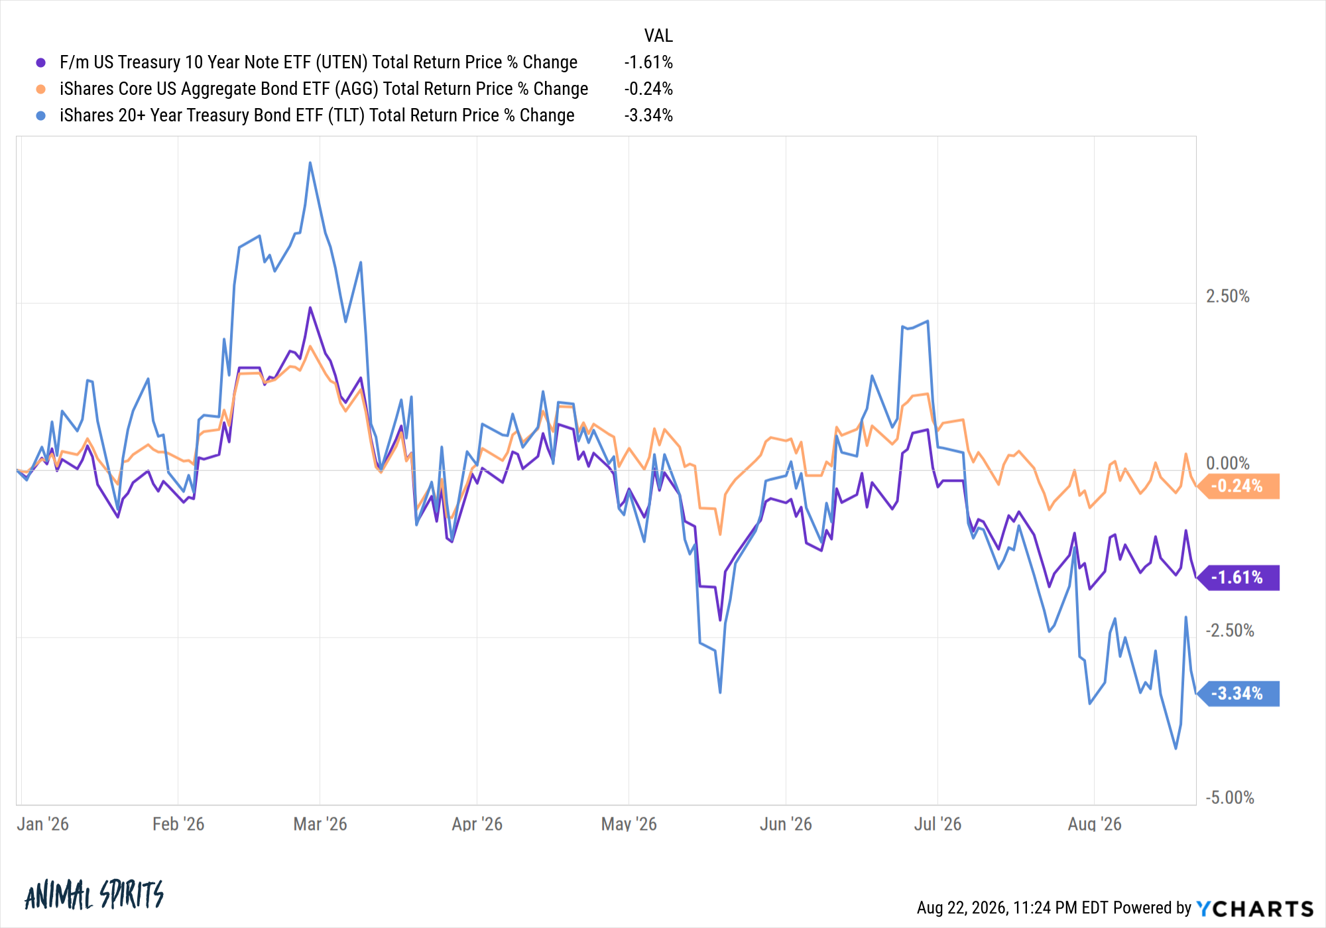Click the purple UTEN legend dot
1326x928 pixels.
41,62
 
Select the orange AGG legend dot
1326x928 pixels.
41,89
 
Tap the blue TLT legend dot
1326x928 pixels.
41,115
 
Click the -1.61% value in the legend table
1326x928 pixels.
648,62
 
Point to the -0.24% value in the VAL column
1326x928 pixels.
648,89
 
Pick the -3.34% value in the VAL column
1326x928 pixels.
648,115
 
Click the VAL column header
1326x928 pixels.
658,36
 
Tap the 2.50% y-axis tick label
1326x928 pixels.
1227,296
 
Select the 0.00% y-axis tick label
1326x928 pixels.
1227,463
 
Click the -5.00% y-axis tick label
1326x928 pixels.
1230,797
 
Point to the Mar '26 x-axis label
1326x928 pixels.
320,824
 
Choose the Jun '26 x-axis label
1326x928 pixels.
786,824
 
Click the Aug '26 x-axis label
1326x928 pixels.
1095,824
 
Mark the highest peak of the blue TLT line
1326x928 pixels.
310,163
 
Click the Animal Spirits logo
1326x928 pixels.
94,895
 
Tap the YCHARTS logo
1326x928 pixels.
1255,908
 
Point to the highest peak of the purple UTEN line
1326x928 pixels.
310,308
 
